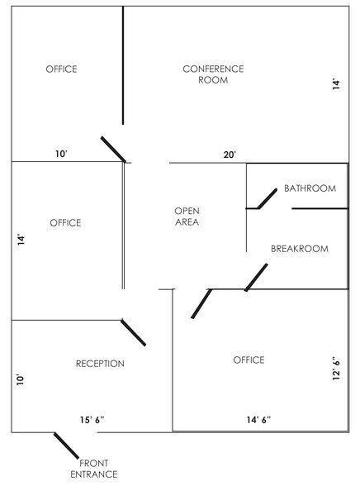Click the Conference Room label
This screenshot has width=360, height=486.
pyautogui.click(x=213, y=74)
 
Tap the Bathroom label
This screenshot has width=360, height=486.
pyautogui.click(x=310, y=188)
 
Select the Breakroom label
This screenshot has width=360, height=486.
pyautogui.click(x=300, y=249)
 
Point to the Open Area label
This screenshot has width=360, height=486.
pyautogui.click(x=187, y=217)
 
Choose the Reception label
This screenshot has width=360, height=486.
pyautogui.click(x=100, y=364)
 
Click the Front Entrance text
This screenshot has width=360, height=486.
pyautogui.click(x=94, y=469)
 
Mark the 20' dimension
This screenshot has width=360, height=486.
pyautogui.click(x=230, y=155)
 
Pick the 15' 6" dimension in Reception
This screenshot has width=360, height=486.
pyautogui.click(x=92, y=420)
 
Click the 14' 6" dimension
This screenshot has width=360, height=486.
pyautogui.click(x=258, y=420)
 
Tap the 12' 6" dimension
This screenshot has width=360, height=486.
pyautogui.click(x=336, y=369)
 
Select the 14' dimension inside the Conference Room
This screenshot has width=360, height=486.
pyautogui.click(x=336, y=84)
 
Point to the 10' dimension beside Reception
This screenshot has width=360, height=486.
pyautogui.click(x=20, y=379)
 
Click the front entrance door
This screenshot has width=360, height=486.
pyautogui.click(x=66, y=445)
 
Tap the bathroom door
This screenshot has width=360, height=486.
pyautogui.click(x=267, y=198)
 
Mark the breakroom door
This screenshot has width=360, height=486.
pyautogui.click(x=256, y=278)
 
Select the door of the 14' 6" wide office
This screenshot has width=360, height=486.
pyautogui.click(x=201, y=303)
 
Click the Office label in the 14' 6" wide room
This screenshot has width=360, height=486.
pyautogui.click(x=249, y=360)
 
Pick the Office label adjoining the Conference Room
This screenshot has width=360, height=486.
pyautogui.click(x=61, y=69)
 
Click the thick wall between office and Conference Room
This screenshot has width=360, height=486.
pyautogui.click(x=123, y=65)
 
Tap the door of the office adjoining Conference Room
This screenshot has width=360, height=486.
pyautogui.click(x=113, y=149)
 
